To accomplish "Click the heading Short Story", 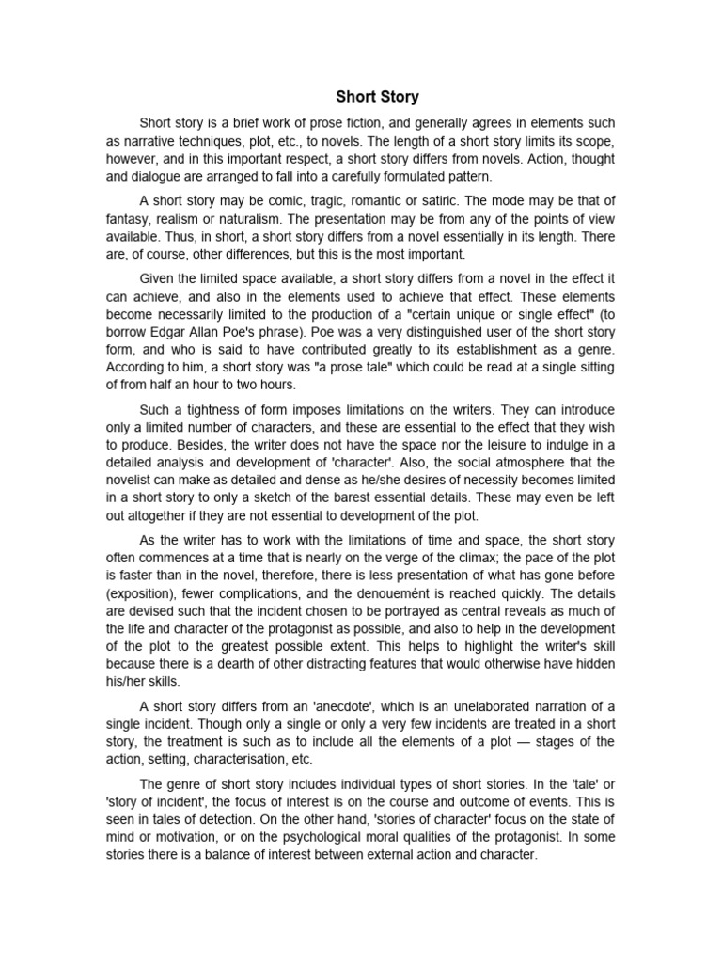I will pyautogui.click(x=378, y=97).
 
